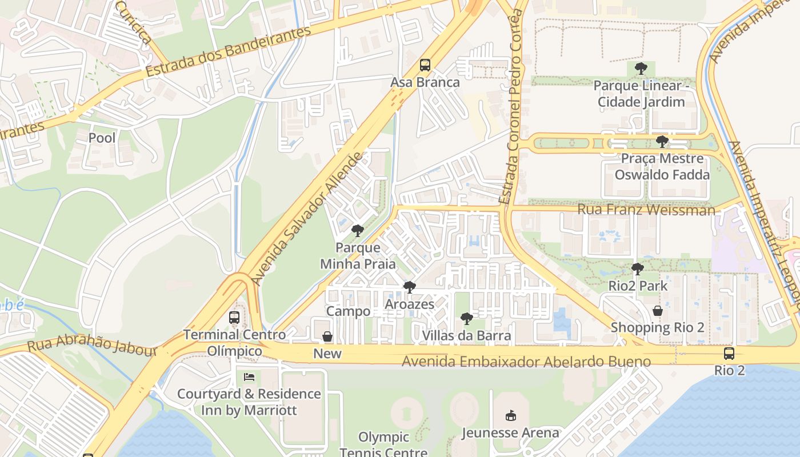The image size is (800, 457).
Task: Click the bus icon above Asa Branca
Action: tap(425, 65)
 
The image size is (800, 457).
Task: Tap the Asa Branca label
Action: tap(425, 82)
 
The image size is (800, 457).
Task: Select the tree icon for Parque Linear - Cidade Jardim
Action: tap(641, 69)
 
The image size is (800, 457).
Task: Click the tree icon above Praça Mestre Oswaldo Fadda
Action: tap(662, 141)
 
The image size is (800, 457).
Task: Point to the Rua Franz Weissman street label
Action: tap(646, 210)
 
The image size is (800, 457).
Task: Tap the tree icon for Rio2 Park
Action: tap(637, 268)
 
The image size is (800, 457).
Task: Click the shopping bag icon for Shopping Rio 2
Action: tap(658, 311)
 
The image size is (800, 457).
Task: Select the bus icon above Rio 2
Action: tap(729, 353)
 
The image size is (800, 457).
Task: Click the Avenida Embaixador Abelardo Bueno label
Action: tap(526, 362)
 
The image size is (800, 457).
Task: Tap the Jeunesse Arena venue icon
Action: tap(511, 416)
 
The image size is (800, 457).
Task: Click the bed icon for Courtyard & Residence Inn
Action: tap(249, 377)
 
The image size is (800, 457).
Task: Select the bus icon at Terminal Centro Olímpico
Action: tap(234, 318)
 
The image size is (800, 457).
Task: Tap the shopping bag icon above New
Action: tap(327, 337)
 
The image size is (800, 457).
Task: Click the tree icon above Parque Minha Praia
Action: tap(358, 231)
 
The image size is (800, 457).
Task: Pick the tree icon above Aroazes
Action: tap(409, 287)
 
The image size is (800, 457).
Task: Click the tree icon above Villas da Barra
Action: tap(466, 318)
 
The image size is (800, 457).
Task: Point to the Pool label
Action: tap(102, 138)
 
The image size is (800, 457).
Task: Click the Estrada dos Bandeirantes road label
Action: tap(229, 51)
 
